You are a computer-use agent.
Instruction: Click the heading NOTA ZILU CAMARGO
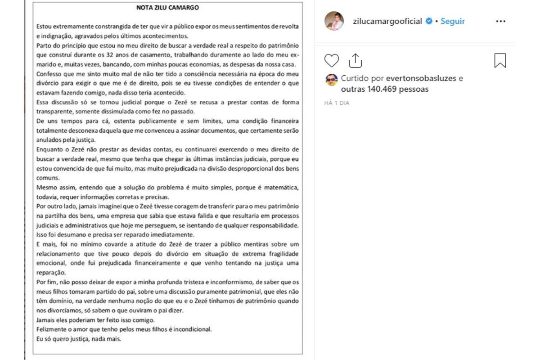click(x=167, y=8)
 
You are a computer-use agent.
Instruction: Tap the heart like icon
click(x=332, y=60)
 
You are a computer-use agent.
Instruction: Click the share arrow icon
click(x=355, y=60)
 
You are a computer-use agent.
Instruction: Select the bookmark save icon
click(x=500, y=60)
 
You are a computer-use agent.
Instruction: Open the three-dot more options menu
click(x=500, y=21)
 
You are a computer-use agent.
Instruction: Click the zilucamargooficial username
click(x=387, y=21)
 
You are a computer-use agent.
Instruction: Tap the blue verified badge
click(x=429, y=21)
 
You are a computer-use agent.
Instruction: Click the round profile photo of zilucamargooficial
click(x=334, y=21)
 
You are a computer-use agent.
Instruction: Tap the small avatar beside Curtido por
click(x=331, y=80)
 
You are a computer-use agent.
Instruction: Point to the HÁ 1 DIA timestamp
click(x=337, y=103)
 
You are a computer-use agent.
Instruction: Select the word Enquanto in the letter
click(x=50, y=149)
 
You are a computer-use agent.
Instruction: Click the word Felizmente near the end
click(x=52, y=329)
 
